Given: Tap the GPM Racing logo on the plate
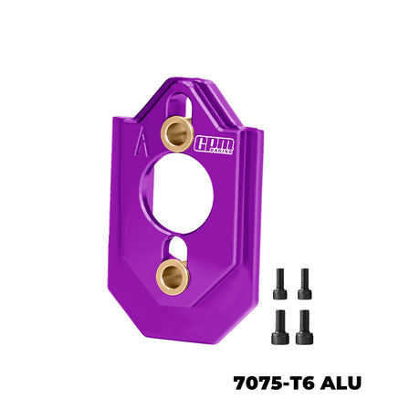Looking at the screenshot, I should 215,143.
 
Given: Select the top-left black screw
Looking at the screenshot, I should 280,282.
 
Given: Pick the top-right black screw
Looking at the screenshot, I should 304,282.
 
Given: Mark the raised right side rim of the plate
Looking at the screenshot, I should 261,210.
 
